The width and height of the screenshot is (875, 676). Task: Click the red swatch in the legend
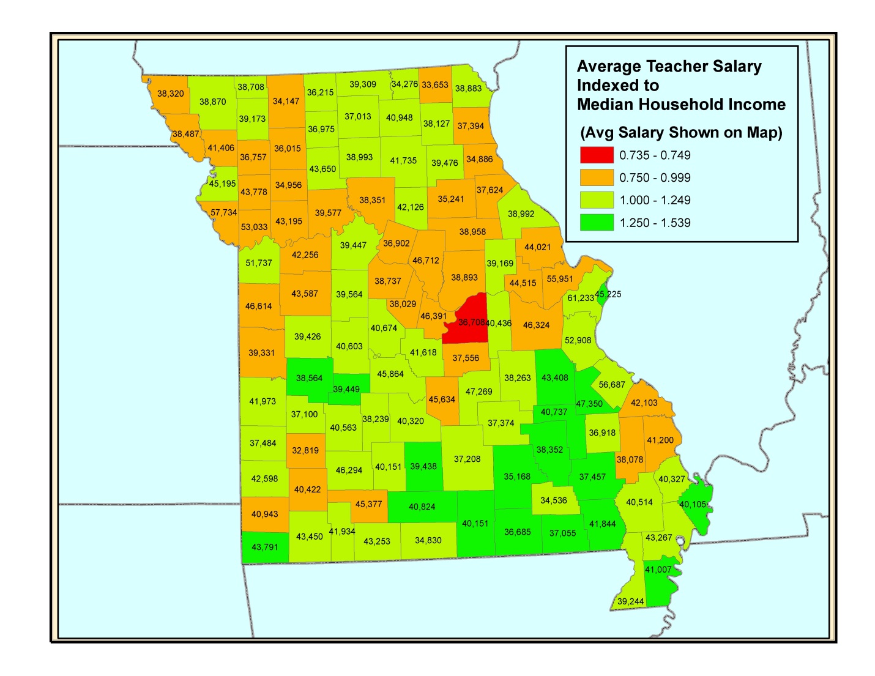(x=597, y=155)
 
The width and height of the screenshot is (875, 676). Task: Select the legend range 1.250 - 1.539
(x=655, y=223)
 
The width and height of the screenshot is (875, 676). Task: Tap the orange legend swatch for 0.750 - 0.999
(x=597, y=178)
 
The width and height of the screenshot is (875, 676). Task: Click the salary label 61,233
(x=580, y=298)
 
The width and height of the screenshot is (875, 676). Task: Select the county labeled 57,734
(x=223, y=213)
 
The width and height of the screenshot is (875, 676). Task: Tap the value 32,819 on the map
(x=305, y=451)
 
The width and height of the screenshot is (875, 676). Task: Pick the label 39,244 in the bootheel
(x=630, y=601)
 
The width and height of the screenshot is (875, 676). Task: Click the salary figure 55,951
(x=560, y=279)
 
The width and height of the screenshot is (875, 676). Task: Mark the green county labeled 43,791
(x=265, y=547)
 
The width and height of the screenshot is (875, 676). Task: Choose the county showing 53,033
(x=254, y=227)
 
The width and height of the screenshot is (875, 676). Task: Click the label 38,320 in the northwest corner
(x=170, y=94)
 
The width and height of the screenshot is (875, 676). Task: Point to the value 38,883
(x=468, y=88)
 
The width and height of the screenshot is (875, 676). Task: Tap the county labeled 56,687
(x=612, y=385)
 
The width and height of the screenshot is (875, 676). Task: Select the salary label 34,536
(x=553, y=500)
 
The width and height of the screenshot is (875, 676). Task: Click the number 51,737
(x=259, y=263)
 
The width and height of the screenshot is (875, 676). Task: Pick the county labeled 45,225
(x=608, y=294)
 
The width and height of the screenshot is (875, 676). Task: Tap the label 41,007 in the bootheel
(x=658, y=570)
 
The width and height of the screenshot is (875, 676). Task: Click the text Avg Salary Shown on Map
(x=681, y=133)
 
